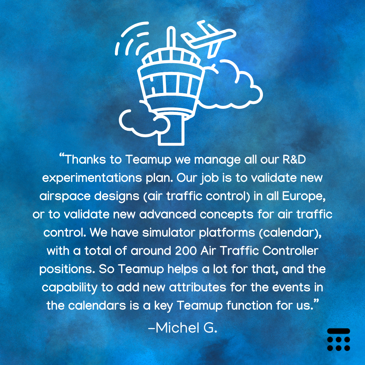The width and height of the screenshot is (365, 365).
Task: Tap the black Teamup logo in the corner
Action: [x=338, y=340]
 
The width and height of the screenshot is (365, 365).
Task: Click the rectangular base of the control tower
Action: [x=171, y=130]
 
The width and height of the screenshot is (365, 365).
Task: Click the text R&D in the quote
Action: [x=294, y=160]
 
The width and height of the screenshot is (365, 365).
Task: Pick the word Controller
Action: [x=290, y=251]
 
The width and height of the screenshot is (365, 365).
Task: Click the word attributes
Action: [x=197, y=287]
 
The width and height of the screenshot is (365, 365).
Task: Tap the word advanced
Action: [x=168, y=214]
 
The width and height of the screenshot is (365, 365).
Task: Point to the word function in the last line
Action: [x=249, y=306]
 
